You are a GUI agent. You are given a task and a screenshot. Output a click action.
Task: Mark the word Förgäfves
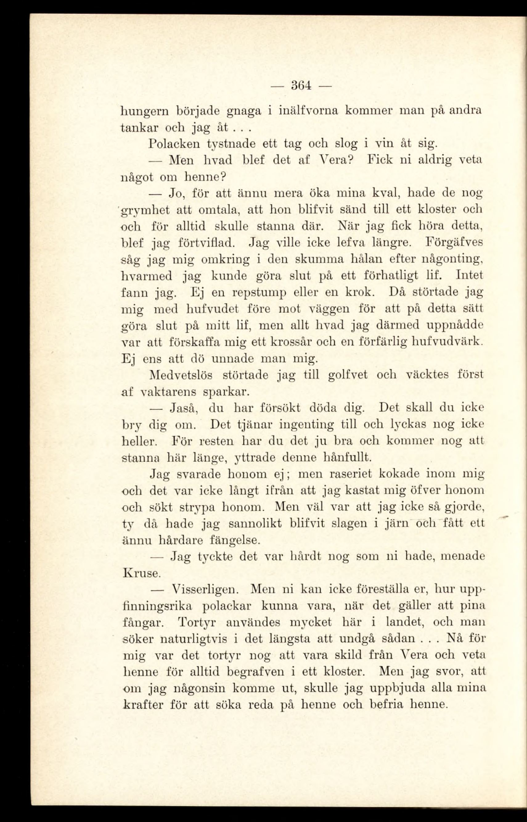[x=455, y=242]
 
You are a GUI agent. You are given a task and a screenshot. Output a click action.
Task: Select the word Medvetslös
[x=181, y=375]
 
